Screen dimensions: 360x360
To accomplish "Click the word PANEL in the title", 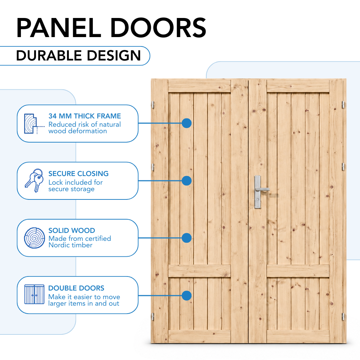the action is tap(59, 28).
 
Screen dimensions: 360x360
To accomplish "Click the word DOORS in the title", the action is tap(158, 28).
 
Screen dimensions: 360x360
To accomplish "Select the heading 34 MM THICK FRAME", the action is tap(85, 116).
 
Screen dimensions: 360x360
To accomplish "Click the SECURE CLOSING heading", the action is tap(78, 174).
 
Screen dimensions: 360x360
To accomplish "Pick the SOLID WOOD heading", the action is tap(72, 230).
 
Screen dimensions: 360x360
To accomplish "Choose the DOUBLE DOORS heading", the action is tap(76, 288).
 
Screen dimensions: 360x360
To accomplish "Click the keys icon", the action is tap(34, 181).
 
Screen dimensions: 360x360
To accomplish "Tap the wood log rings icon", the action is tap(35, 238).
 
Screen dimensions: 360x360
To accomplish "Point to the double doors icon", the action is tap(35, 294).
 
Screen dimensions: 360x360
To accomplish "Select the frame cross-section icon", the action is tap(31, 124).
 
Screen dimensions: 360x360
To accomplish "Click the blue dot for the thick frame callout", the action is tap(186, 123).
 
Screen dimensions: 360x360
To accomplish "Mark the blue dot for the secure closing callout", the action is tap(186, 181).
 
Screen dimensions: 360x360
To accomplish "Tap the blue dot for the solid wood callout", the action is tap(186, 238).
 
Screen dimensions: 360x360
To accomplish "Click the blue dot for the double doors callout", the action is tap(186, 296).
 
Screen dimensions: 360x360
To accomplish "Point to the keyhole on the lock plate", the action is tap(258, 200).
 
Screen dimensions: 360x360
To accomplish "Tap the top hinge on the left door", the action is tap(153, 105).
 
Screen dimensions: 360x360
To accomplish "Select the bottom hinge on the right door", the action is tap(343, 316).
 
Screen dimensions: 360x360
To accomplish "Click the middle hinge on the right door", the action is tap(343, 167).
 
